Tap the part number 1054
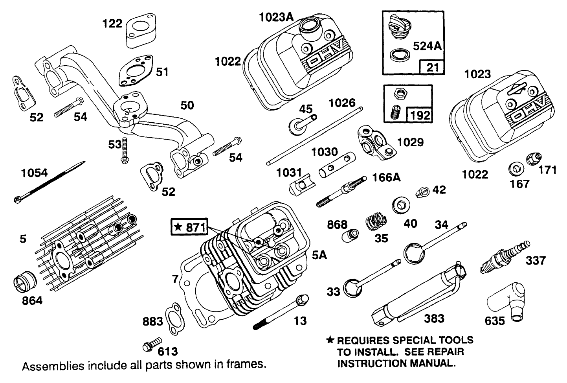click(x=35, y=173)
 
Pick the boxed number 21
click(x=432, y=67)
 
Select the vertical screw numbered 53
click(x=125, y=151)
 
